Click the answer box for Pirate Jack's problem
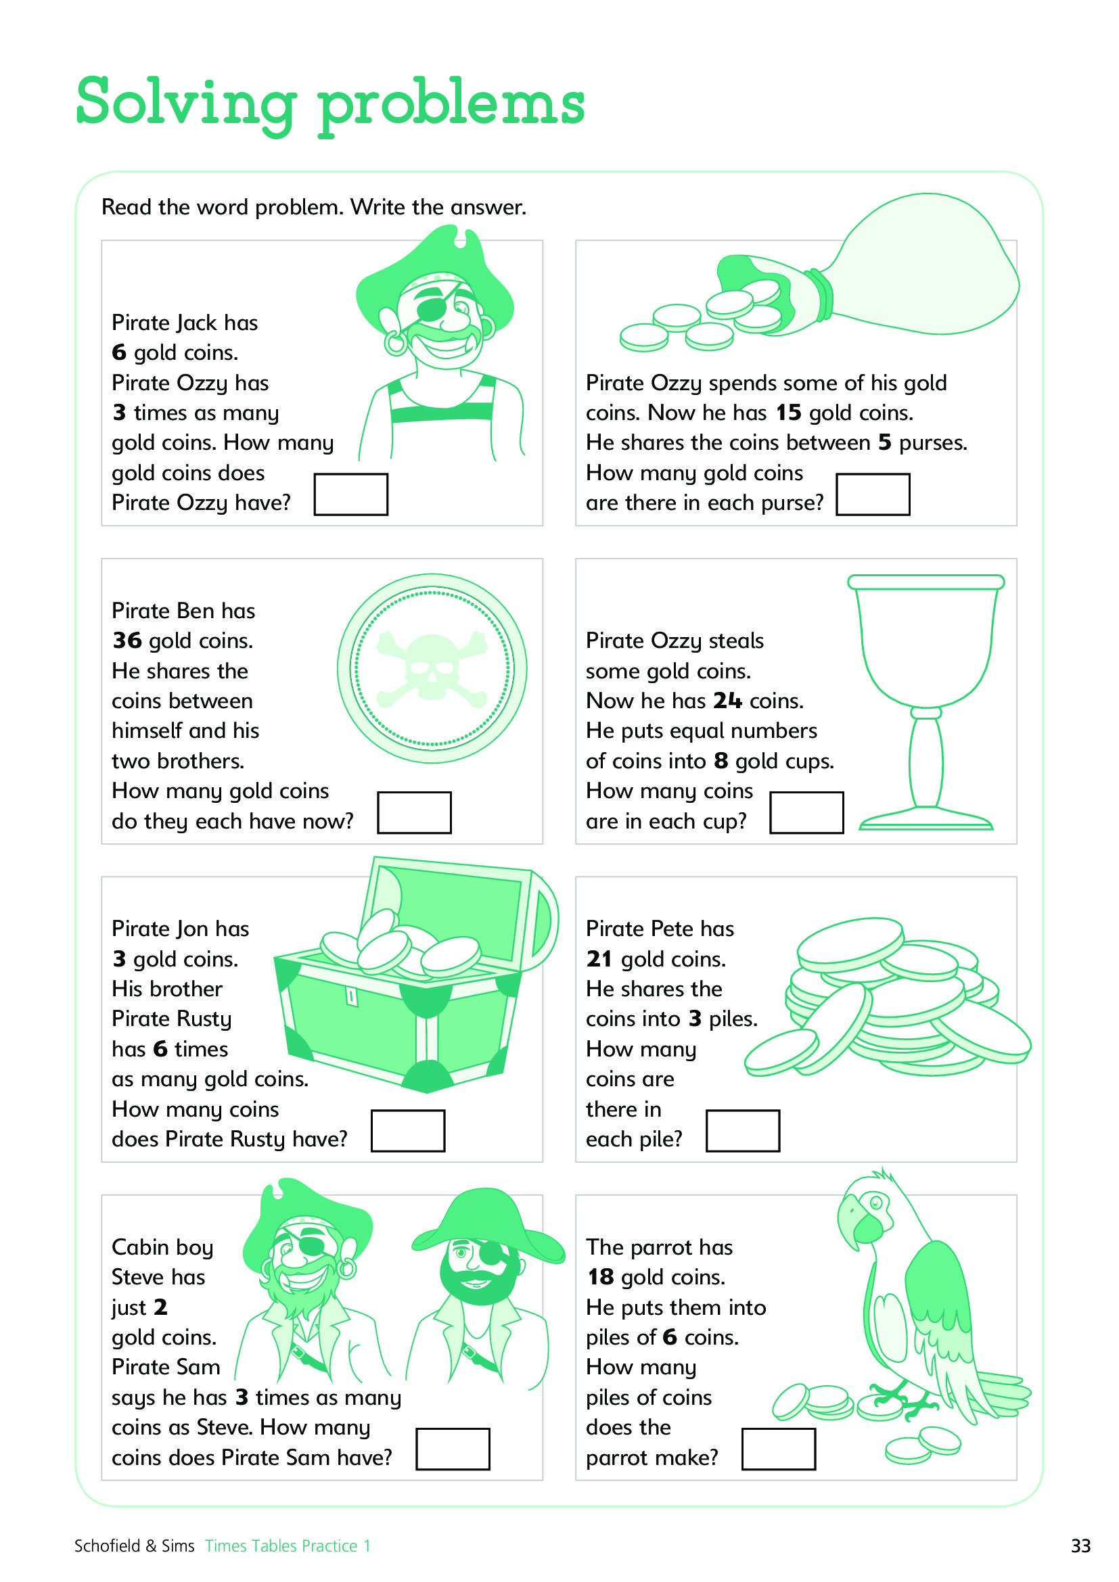point(350,494)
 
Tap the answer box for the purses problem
point(873,494)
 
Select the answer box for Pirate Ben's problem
point(415,812)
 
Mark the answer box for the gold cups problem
point(807,812)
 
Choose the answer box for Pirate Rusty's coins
point(408,1131)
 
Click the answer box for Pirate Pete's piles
point(743,1131)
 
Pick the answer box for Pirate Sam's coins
point(453,1449)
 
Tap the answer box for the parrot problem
point(779,1449)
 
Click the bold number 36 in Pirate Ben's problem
point(127,641)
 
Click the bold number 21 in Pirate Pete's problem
point(599,959)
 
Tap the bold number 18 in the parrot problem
point(601,1278)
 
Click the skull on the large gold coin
point(432,667)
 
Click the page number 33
point(1080,1545)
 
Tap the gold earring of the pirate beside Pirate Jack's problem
point(396,343)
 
